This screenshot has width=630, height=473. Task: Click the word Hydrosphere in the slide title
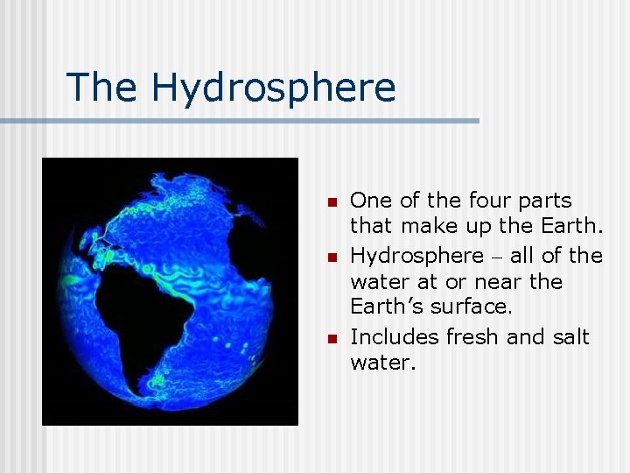point(273,88)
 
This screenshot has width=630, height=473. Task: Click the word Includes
point(395,337)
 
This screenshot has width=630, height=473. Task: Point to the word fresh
point(472,337)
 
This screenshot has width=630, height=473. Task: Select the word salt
point(571,337)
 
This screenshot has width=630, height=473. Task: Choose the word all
point(524,256)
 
